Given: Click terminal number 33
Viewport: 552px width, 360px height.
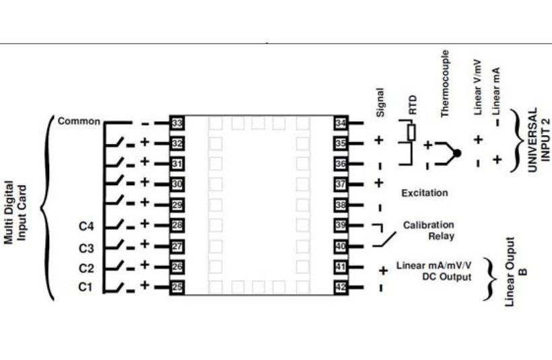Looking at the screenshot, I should click(x=178, y=123).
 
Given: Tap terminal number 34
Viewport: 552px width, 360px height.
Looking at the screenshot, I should click(x=341, y=123).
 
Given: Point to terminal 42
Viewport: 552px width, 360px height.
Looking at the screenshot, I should click(x=341, y=287).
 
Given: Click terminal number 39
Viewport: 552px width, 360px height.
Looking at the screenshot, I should click(x=341, y=225).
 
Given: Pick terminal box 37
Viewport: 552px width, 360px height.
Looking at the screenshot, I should click(x=341, y=184).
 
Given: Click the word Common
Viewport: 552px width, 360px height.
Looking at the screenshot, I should click(x=79, y=122).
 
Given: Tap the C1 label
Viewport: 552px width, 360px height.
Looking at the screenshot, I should click(x=85, y=288).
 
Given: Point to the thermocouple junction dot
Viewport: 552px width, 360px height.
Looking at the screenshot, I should click(x=457, y=153).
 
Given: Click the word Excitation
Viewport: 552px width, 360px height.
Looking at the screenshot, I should click(x=424, y=193).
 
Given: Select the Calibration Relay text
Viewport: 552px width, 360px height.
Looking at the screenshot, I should click(x=429, y=230).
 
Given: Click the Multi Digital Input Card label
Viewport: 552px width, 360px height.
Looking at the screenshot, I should click(x=16, y=213).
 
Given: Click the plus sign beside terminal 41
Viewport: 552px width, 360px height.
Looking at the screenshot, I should click(x=383, y=271).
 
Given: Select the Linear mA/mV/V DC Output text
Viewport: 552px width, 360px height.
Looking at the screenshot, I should click(x=434, y=271).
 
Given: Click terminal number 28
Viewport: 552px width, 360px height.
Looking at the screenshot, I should click(x=178, y=225).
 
